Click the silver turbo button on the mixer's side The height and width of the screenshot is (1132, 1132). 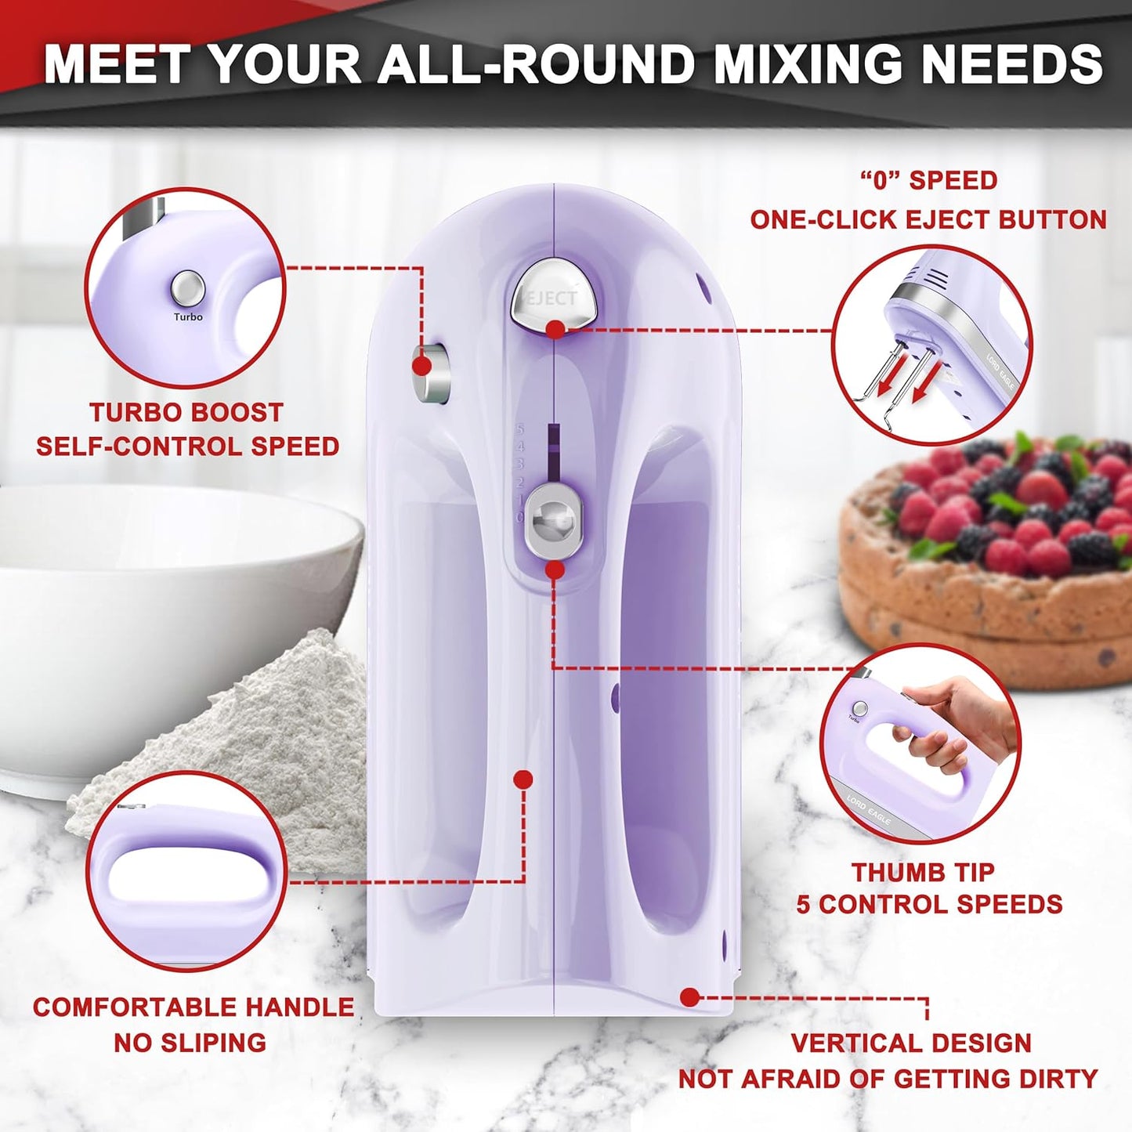[x=432, y=371]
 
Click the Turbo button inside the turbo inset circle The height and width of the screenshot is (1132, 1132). [x=188, y=288]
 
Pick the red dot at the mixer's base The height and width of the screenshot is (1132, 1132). [x=689, y=996]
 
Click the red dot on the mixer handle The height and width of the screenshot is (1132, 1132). [x=523, y=779]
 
